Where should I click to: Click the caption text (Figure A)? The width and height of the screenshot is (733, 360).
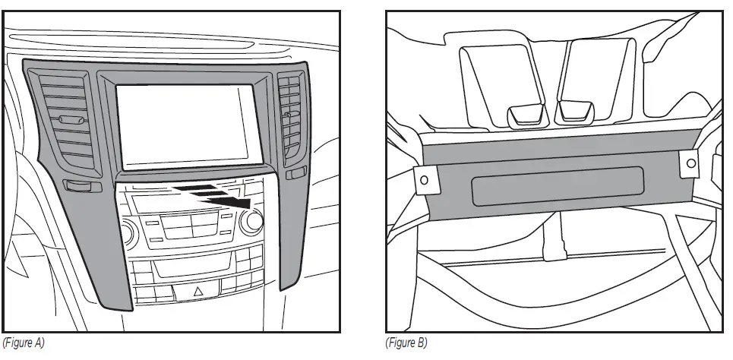point(24,343)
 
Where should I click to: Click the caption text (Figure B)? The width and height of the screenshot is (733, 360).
point(406,343)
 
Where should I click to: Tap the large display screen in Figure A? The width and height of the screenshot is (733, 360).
point(185,126)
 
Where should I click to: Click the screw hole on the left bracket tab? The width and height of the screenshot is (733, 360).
point(424,180)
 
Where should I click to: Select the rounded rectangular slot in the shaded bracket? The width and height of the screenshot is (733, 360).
point(558,187)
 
